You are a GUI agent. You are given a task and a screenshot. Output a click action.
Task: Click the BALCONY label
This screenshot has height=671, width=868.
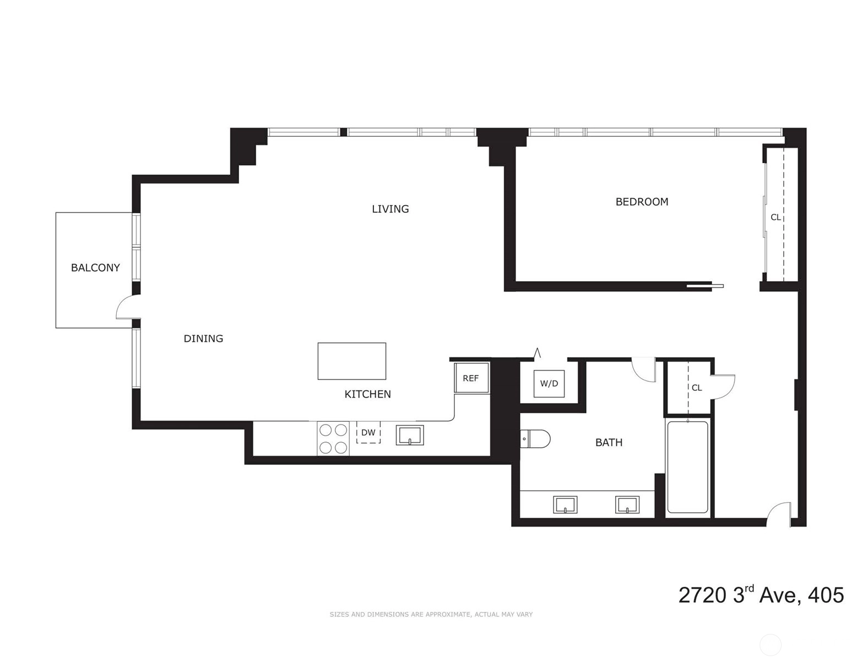(x=95, y=267)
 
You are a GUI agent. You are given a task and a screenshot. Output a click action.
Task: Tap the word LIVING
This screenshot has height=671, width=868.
(x=390, y=209)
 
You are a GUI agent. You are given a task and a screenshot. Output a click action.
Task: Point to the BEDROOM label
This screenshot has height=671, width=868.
(x=642, y=202)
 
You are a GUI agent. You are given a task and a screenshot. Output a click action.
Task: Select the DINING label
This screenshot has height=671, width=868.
(x=203, y=339)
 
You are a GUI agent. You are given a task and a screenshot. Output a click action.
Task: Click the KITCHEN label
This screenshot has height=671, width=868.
(x=367, y=394)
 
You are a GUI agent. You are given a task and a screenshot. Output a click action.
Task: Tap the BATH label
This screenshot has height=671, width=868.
(x=609, y=442)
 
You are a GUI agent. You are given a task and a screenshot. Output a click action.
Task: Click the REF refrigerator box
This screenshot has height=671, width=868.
(x=471, y=378)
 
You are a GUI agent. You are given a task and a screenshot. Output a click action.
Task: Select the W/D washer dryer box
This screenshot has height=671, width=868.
(x=549, y=384)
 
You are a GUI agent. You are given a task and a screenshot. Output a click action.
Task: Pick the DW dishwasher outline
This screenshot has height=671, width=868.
(x=368, y=432)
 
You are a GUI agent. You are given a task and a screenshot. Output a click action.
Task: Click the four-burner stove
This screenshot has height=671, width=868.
(x=333, y=438)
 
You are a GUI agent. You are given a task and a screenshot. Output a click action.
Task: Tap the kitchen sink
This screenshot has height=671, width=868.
(x=410, y=435)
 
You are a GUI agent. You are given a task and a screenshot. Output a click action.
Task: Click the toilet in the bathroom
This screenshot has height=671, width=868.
(x=535, y=439)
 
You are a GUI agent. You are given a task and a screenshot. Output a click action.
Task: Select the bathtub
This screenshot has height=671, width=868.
(x=688, y=467)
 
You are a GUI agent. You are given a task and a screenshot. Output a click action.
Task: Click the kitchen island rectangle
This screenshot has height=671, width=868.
(x=352, y=361)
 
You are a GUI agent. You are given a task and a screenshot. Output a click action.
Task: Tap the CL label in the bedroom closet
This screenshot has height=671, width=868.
(x=775, y=217)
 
